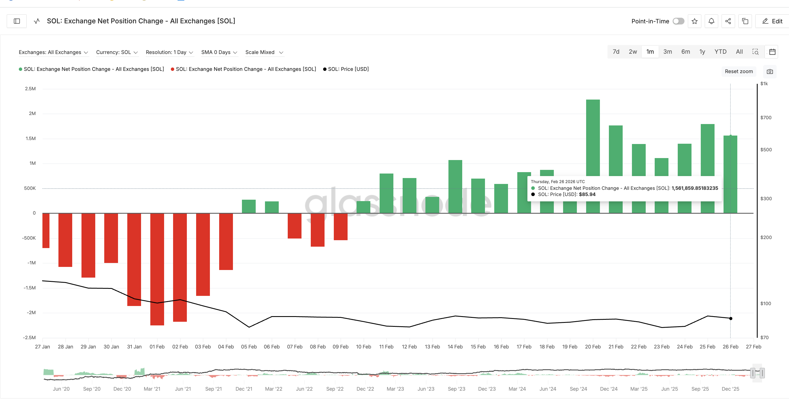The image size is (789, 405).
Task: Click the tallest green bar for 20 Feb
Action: (593, 138)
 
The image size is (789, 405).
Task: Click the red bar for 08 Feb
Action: (317, 230)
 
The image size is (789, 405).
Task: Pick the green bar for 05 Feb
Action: (248, 206)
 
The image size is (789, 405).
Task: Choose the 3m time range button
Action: (667, 52)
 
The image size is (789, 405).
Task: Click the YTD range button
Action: (720, 52)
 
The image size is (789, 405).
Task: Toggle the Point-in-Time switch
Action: (678, 21)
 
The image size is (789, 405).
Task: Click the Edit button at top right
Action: (772, 21)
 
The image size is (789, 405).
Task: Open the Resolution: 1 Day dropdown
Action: (169, 52)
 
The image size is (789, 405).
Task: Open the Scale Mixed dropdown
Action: (264, 52)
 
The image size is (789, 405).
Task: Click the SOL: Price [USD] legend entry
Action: (348, 69)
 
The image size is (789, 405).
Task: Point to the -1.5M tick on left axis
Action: (30, 288)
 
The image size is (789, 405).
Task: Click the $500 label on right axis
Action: (766, 150)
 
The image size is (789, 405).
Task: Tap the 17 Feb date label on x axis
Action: (524, 347)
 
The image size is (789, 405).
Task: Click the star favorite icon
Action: (694, 21)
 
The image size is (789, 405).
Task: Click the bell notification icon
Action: (711, 21)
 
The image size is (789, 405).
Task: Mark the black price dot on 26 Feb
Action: (731, 319)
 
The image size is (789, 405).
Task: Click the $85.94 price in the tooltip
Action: (587, 194)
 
